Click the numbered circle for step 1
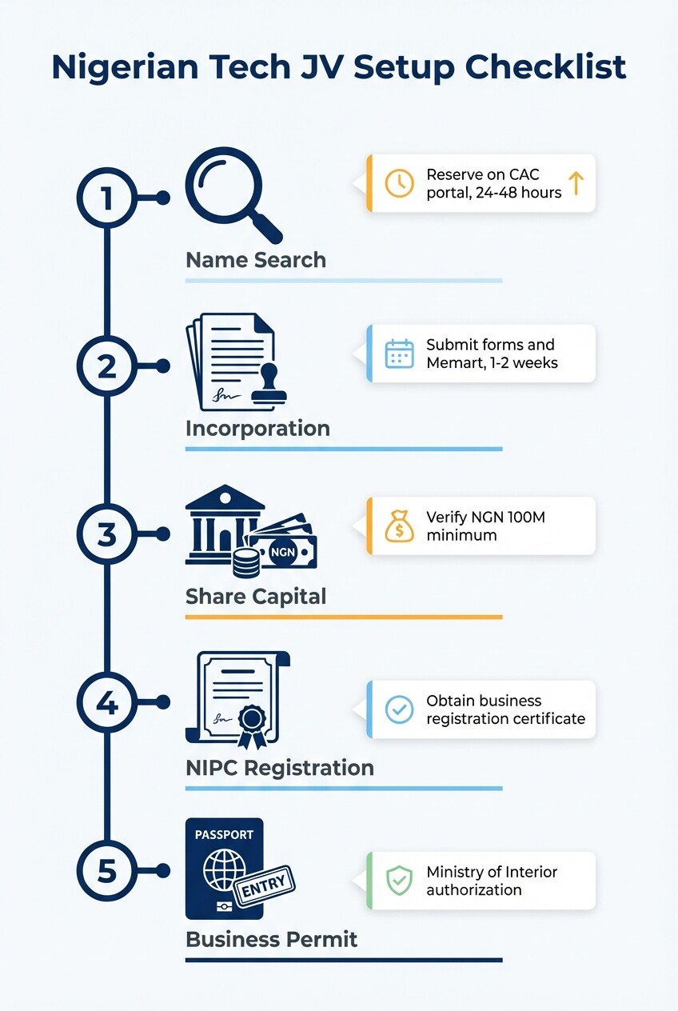(107, 198)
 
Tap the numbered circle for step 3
(107, 534)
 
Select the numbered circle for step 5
(107, 870)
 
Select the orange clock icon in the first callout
(399, 183)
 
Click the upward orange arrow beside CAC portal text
(576, 183)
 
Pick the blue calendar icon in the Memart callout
(399, 354)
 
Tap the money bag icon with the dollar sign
(399, 526)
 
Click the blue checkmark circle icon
(399, 709)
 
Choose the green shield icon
(399, 881)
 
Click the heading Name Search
(256, 260)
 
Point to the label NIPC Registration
(279, 768)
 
